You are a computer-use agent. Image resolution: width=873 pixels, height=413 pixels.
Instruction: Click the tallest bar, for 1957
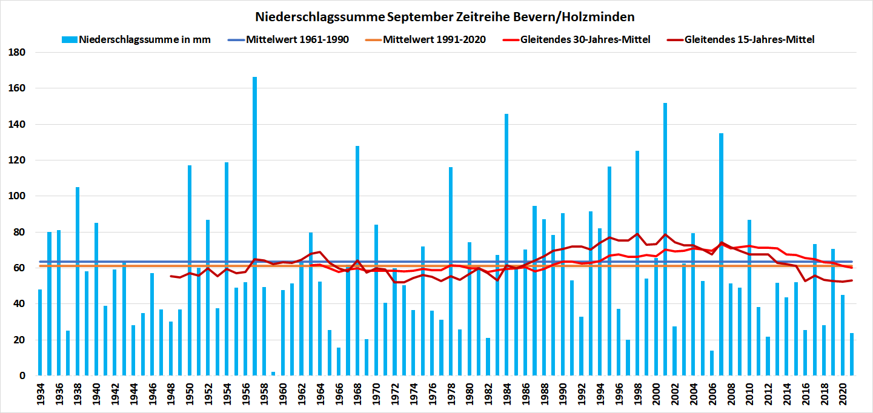point(254,230)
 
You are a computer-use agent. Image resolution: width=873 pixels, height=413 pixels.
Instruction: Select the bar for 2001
point(665,242)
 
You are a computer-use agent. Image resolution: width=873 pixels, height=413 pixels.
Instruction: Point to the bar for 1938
point(78,285)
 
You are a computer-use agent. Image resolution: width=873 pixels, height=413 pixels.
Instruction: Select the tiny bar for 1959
point(273,374)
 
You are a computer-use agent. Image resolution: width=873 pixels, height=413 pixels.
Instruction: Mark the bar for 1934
point(40,333)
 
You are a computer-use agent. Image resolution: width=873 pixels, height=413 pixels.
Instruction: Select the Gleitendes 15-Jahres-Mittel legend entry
point(749,40)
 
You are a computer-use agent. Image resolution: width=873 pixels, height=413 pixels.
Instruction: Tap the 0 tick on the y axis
point(22,375)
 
